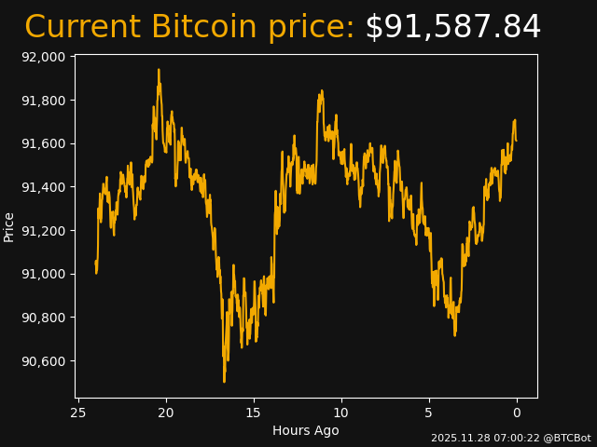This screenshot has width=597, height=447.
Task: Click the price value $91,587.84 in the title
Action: tap(452, 28)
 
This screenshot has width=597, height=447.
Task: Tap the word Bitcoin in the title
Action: tap(205, 28)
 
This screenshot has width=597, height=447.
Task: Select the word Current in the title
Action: tap(82, 28)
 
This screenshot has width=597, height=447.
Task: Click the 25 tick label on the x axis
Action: tap(78, 413)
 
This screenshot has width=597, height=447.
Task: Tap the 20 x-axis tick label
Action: tap(166, 413)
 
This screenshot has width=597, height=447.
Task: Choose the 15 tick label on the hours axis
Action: tap(254, 413)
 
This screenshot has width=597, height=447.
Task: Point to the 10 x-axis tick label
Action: tap(341, 413)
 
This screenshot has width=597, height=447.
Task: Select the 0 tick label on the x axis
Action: tap(517, 413)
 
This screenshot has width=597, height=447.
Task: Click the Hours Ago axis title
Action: tap(306, 430)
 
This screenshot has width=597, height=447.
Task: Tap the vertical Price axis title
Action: tap(9, 226)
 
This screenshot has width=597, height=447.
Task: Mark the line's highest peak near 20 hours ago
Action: tap(159, 70)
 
